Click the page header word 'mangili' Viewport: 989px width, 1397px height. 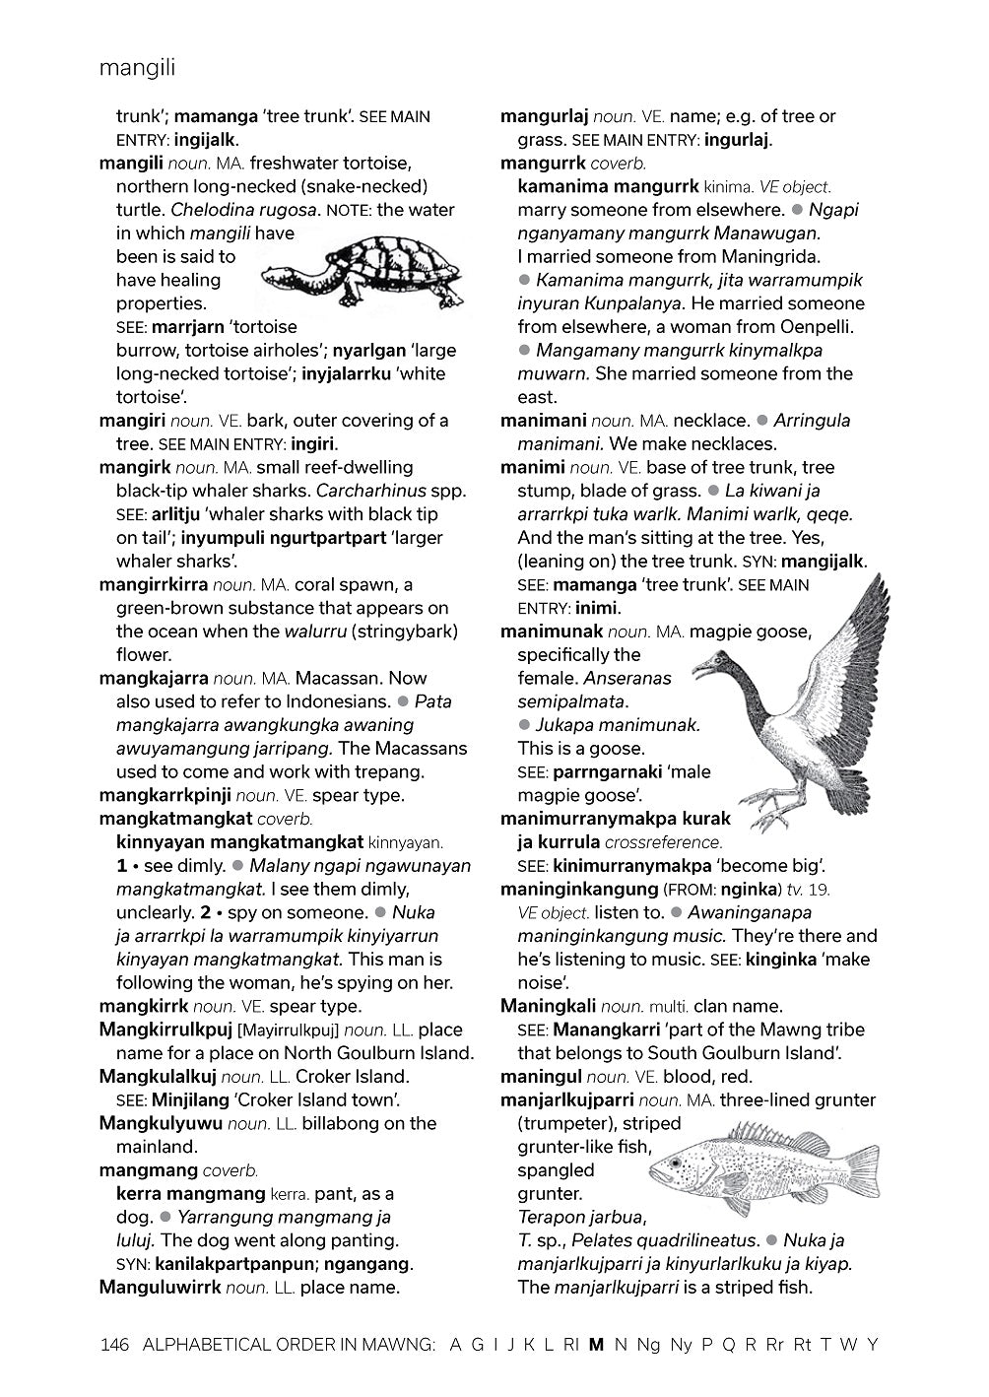tap(137, 68)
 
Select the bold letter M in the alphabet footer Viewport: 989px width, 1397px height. tap(595, 1344)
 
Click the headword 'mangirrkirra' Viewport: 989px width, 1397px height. tap(154, 585)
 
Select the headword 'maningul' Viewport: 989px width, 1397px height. tap(538, 1077)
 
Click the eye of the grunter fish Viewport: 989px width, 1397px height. tap(675, 1164)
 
